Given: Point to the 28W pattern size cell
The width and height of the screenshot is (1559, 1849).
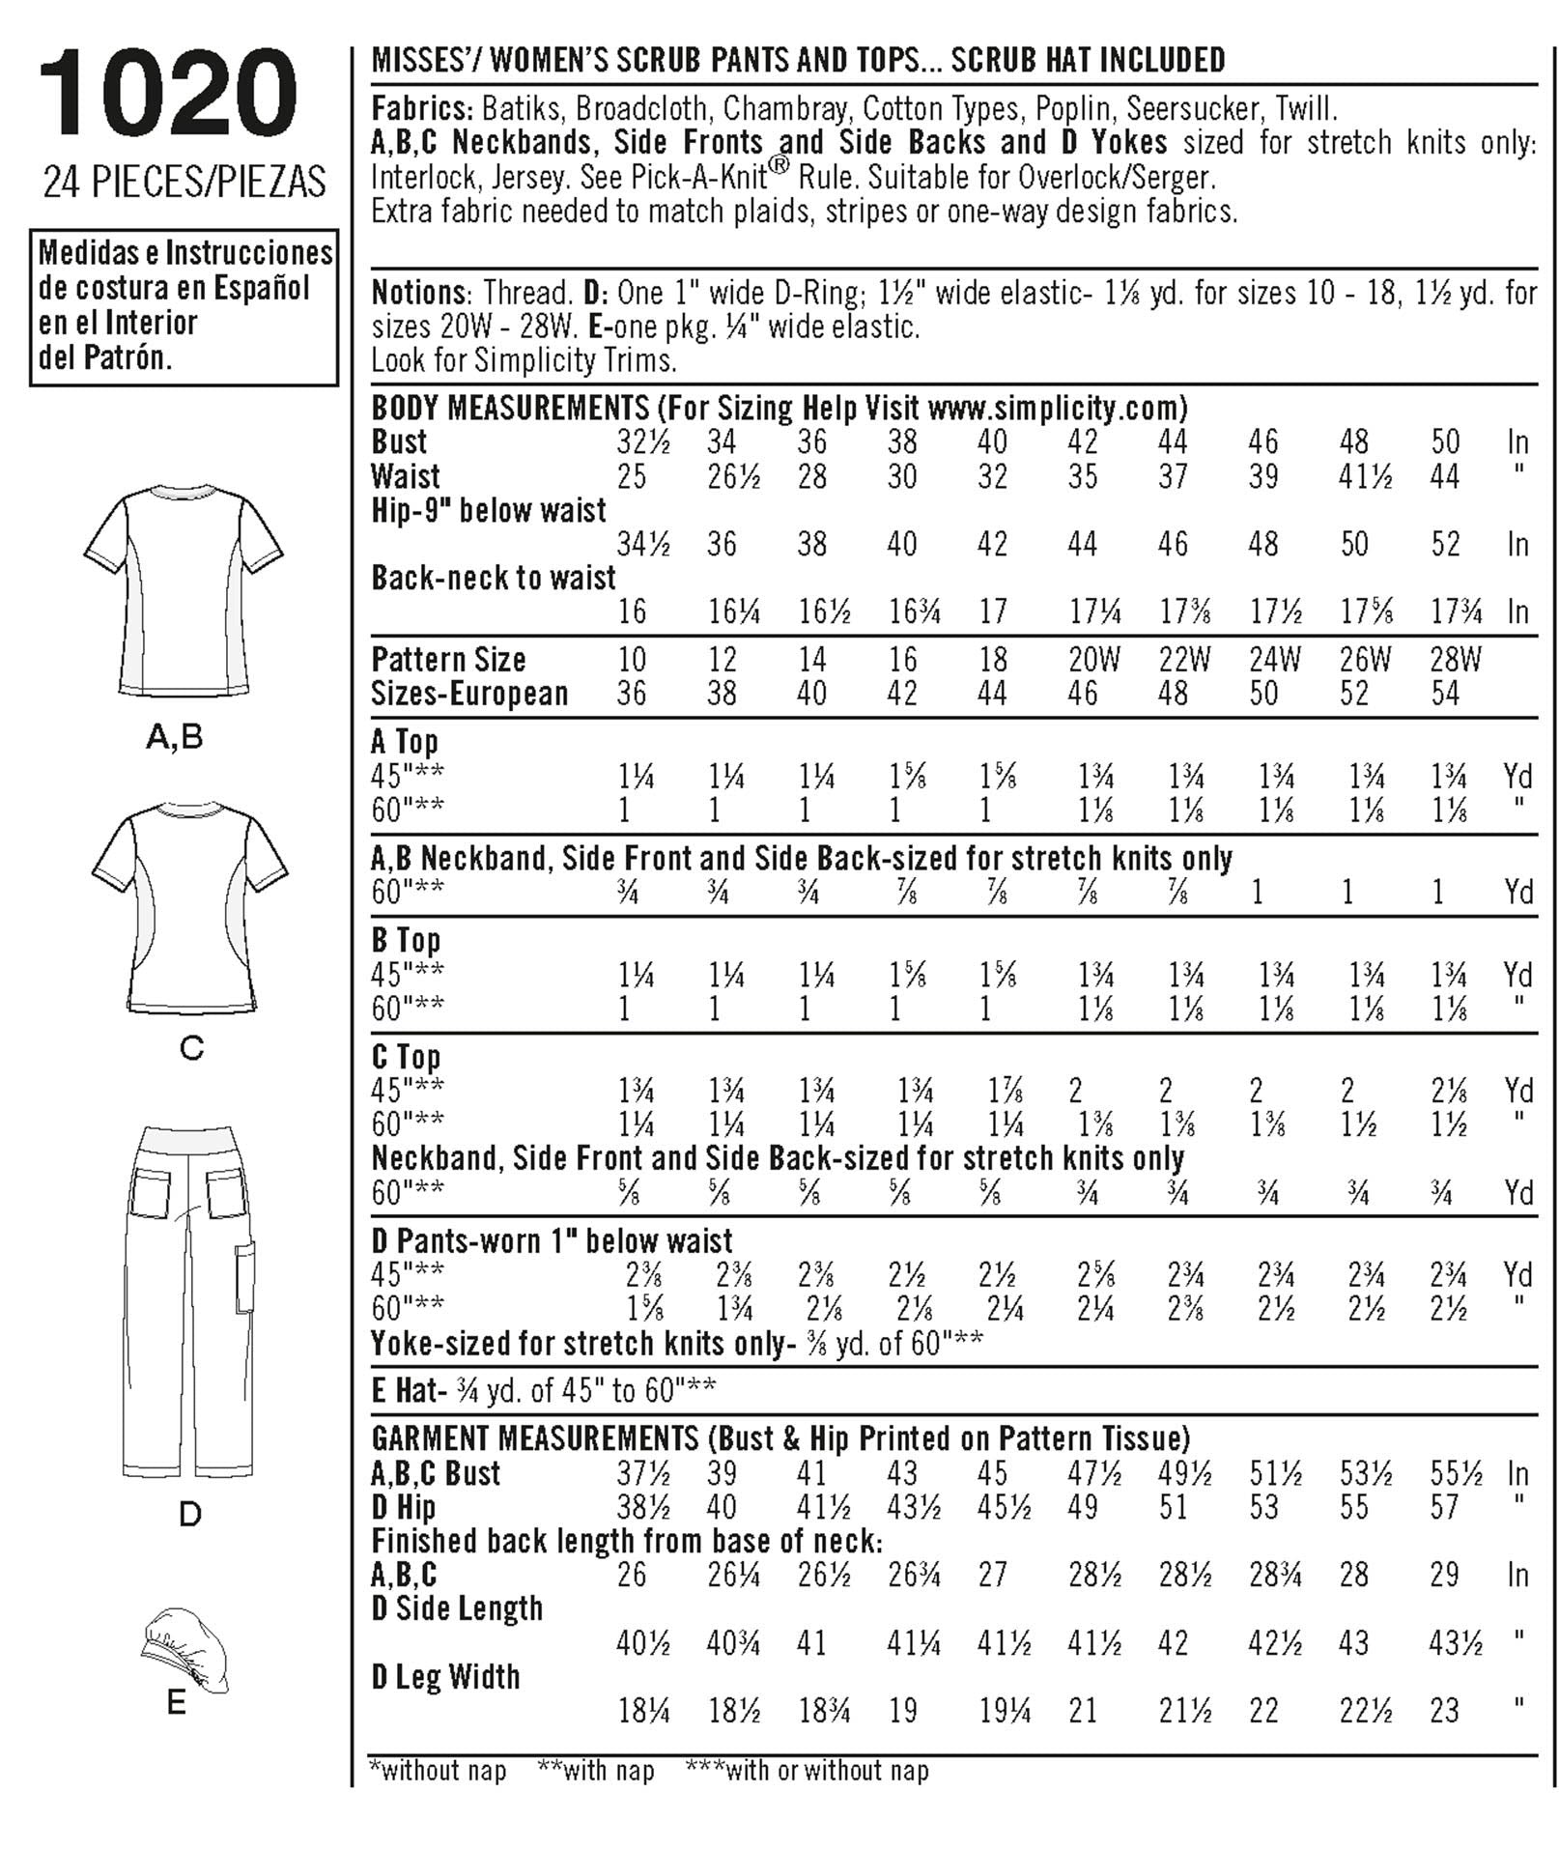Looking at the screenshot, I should coord(1455,660).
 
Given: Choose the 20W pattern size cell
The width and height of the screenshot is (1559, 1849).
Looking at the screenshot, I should coord(1093,660).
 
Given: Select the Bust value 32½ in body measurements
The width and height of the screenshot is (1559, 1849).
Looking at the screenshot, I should coord(642,442).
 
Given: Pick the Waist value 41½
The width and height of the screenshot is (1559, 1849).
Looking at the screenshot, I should coord(1365,476).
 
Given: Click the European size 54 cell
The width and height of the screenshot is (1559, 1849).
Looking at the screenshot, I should coord(1445,694).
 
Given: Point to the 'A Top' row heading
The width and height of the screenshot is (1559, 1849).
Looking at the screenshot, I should coord(405,742).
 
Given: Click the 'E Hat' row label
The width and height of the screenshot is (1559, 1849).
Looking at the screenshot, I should coord(406,1390).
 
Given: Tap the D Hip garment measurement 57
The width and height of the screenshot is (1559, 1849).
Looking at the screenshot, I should coord(1445,1507).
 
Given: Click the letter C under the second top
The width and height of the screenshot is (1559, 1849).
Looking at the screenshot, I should coord(191,1048).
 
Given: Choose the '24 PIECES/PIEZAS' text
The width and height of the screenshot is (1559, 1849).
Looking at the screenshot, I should coord(184,183).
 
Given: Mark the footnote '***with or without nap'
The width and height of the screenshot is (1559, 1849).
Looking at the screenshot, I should coord(807,1771).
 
